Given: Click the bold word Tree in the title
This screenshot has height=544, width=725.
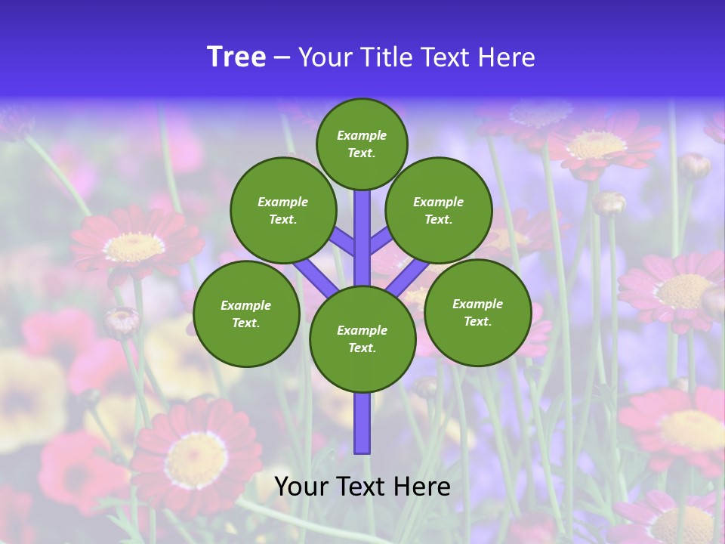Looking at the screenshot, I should pyautogui.click(x=236, y=57).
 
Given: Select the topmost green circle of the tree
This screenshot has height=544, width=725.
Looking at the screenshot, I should pyautogui.click(x=362, y=144).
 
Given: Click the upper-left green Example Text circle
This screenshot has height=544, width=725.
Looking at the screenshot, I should pyautogui.click(x=283, y=210).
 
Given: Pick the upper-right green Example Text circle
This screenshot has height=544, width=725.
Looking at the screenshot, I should pyautogui.click(x=439, y=210).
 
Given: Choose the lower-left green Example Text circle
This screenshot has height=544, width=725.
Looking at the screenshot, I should pyautogui.click(x=246, y=314).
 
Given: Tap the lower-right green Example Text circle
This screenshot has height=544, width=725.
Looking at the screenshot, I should pyautogui.click(x=478, y=312).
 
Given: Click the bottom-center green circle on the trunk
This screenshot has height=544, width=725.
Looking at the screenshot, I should pyautogui.click(x=362, y=339).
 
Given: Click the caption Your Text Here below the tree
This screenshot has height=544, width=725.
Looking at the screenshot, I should pyautogui.click(x=362, y=487).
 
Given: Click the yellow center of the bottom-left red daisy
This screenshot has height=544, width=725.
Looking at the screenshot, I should pyautogui.click(x=196, y=460).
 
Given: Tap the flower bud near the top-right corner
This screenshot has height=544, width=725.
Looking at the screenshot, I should pyautogui.click(x=693, y=165).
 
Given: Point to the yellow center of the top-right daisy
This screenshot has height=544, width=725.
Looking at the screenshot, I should pyautogui.click(x=596, y=144).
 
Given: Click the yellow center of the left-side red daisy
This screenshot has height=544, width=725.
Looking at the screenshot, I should pyautogui.click(x=134, y=247).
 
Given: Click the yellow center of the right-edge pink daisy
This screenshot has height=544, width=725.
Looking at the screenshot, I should pyautogui.click(x=684, y=290).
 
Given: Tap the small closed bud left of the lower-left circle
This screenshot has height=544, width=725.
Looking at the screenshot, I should pyautogui.click(x=122, y=322).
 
